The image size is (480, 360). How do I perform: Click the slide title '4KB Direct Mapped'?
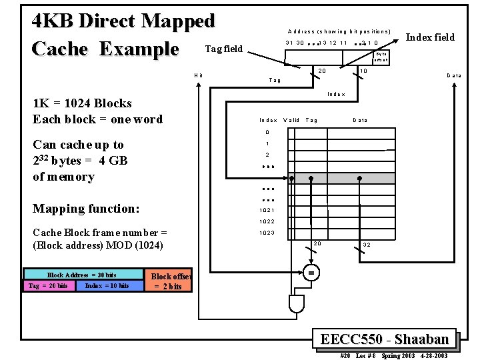(124, 21)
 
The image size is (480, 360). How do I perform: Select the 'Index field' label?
(430, 37)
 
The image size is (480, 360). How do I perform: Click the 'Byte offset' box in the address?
(381, 57)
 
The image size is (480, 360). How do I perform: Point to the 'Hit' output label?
(197, 75)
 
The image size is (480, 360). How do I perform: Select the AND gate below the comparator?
(297, 305)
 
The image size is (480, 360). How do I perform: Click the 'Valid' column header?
(291, 121)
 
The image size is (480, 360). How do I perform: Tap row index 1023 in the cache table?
(267, 233)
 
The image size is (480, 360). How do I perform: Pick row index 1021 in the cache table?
(267, 210)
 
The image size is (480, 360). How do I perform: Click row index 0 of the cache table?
(267, 132)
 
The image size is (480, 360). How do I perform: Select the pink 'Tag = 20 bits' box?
(48, 286)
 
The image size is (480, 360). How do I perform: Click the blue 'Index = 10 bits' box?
(107, 286)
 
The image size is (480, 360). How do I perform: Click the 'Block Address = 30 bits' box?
(82, 275)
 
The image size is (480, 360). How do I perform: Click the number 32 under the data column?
(366, 245)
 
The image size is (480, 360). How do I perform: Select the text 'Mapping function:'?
(86, 209)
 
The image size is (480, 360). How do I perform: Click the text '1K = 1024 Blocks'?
(82, 103)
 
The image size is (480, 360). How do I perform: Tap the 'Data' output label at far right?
(454, 75)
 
